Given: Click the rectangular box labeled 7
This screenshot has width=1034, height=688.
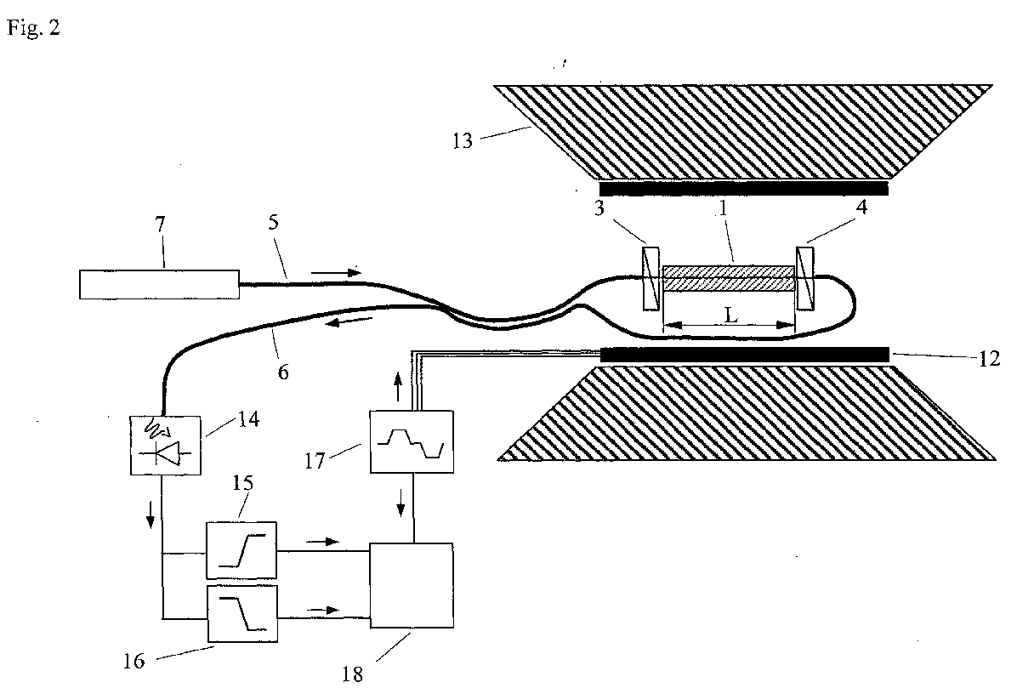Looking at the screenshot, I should [x=159, y=283].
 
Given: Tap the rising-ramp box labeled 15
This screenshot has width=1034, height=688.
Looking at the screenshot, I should [x=241, y=549].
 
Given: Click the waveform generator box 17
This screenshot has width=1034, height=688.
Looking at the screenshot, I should [x=412, y=441].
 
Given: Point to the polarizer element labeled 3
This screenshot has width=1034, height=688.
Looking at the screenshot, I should [x=651, y=278].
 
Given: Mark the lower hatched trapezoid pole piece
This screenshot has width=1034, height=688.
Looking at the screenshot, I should [x=744, y=412].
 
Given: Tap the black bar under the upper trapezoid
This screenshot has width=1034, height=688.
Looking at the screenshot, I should [x=744, y=188].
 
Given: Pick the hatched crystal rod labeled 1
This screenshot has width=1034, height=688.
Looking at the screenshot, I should [x=728, y=278].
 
